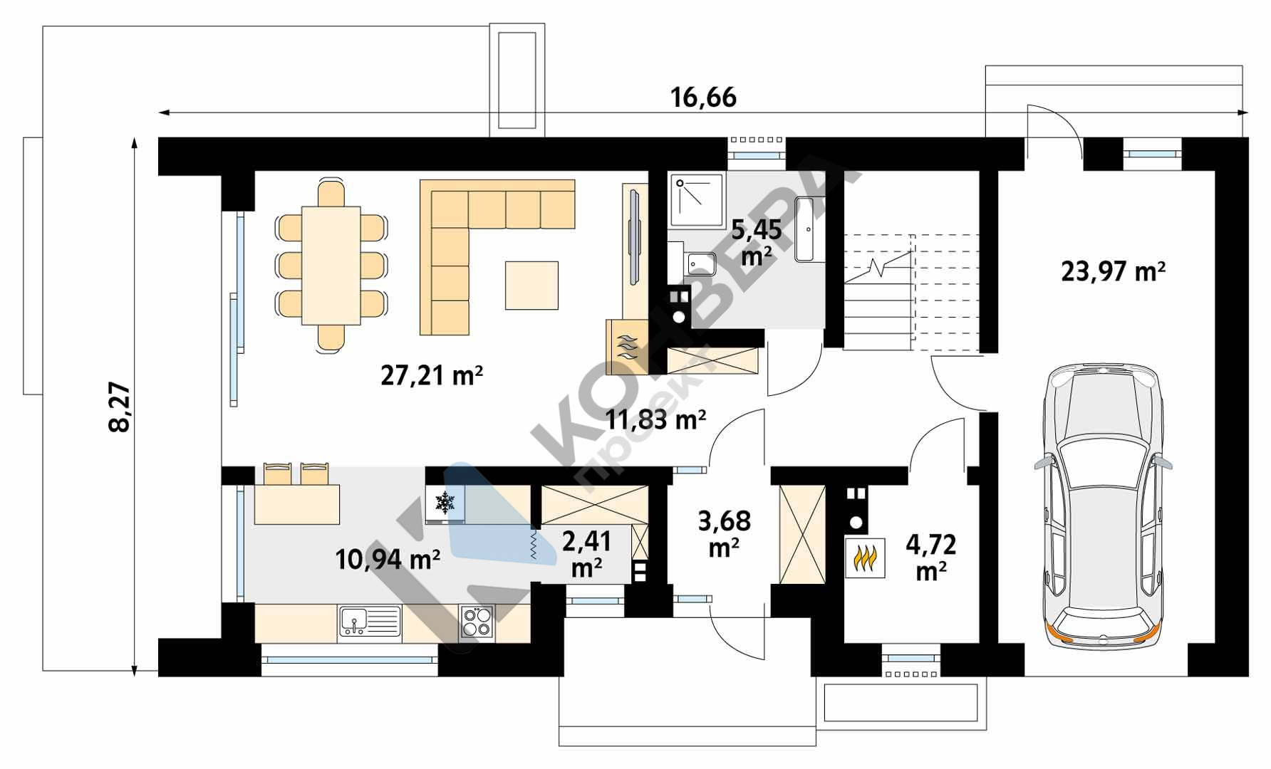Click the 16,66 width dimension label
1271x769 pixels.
tap(703, 98)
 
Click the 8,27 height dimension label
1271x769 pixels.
tap(120, 407)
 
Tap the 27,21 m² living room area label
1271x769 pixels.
tap(432, 375)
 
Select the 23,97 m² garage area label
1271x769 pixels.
tap(1113, 271)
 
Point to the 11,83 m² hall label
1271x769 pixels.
tap(655, 419)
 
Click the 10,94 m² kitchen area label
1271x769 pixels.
tap(387, 560)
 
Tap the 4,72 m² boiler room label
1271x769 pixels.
tap(930, 557)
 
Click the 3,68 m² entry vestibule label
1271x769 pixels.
tap(724, 533)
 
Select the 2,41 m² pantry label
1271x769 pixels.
tap(586, 553)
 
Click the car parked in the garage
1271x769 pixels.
tap(1102, 506)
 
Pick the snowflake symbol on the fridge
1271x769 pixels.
tap(445, 503)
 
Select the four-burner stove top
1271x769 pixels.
tap(477, 622)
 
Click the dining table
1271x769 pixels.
tap(331, 265)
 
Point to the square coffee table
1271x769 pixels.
tap(531, 285)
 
